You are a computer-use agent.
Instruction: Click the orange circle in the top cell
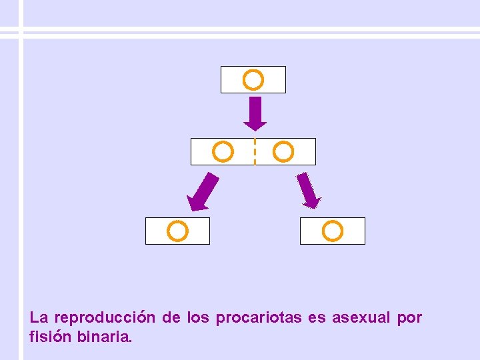[x=253, y=81]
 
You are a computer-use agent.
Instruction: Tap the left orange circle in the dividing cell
[x=223, y=152]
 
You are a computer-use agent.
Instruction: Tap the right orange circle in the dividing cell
[x=283, y=152]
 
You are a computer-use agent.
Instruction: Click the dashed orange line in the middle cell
[x=255, y=152]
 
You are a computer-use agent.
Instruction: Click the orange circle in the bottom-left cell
[x=177, y=231]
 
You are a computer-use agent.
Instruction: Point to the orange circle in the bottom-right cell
[x=332, y=231]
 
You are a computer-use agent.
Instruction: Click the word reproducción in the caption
[x=105, y=318]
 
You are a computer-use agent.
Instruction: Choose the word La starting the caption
[x=39, y=318]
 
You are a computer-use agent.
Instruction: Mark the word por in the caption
[x=409, y=319]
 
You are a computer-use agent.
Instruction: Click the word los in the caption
[x=198, y=318]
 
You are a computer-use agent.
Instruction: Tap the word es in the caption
[x=317, y=319]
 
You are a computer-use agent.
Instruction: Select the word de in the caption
[x=171, y=318]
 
